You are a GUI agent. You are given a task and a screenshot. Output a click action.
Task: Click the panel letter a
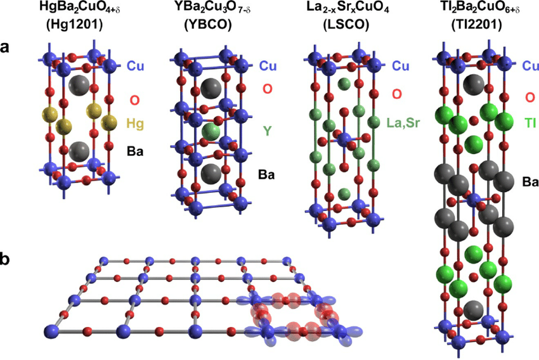[x=5, y=48]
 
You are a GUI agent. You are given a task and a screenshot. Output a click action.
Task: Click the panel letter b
[x=5, y=259]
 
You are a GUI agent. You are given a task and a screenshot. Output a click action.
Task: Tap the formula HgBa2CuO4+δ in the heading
[x=80, y=8]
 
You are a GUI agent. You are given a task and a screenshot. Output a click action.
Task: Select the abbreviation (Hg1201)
[x=74, y=25]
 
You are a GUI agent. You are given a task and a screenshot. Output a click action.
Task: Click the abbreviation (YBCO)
[x=208, y=25]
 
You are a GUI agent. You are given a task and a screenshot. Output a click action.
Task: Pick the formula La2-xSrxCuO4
[x=347, y=8]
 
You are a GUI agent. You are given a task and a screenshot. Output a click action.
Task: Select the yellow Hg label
[x=135, y=124]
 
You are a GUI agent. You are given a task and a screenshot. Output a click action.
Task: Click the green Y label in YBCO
[x=268, y=130]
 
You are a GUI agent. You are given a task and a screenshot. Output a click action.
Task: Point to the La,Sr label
[x=403, y=122]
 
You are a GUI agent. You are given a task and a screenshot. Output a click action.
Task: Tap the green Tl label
[x=530, y=122]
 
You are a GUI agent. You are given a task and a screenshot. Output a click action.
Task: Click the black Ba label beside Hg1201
[x=135, y=151]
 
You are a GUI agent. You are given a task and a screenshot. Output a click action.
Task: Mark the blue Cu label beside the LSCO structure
[x=401, y=66]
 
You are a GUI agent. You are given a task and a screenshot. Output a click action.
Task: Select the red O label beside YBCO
[x=268, y=89]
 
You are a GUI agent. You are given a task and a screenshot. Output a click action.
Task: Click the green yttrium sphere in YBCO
[x=211, y=132]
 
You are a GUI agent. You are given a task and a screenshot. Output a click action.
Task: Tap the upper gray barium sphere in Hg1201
[x=79, y=84]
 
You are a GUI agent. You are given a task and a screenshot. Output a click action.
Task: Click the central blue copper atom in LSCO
[x=344, y=139]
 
